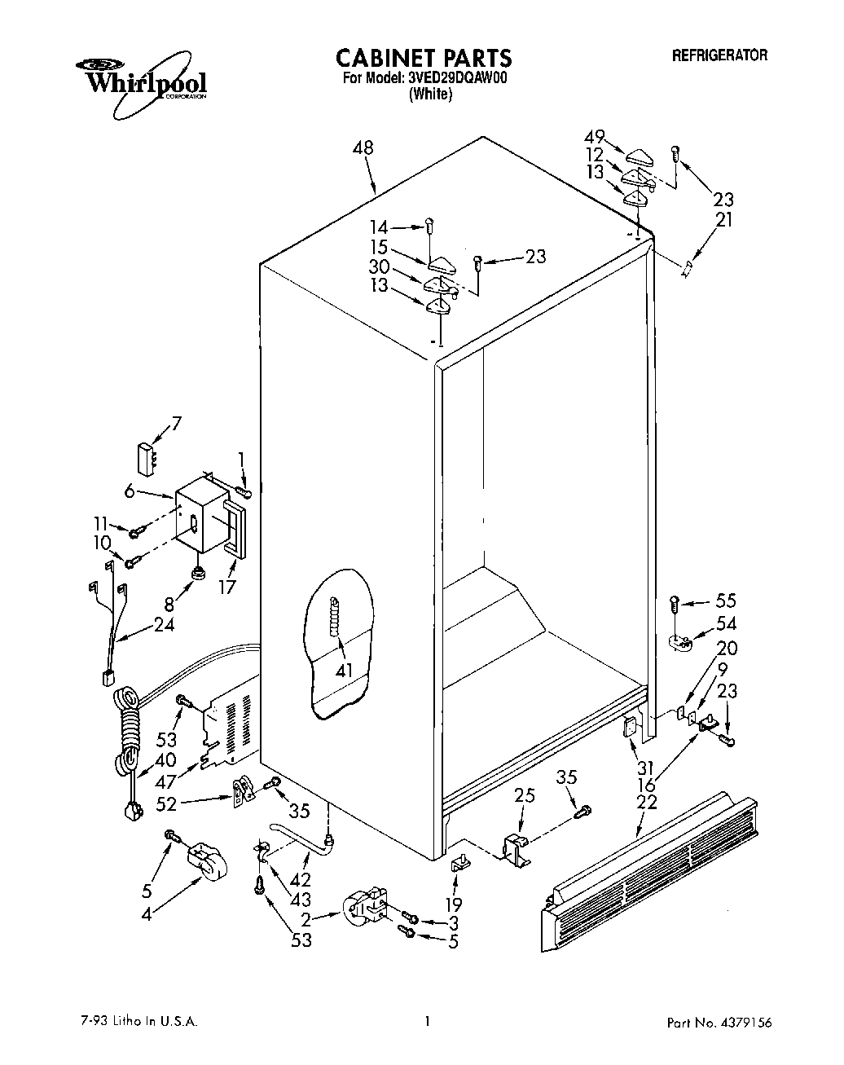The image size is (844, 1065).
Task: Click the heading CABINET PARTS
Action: click(x=424, y=58)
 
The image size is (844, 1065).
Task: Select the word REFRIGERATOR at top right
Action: click(x=719, y=55)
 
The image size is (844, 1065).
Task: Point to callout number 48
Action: click(x=364, y=148)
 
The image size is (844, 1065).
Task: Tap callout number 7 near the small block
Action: click(x=176, y=423)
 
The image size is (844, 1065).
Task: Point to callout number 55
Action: click(x=725, y=601)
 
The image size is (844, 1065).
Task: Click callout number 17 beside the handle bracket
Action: click(x=227, y=587)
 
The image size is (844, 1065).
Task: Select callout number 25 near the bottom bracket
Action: click(x=525, y=794)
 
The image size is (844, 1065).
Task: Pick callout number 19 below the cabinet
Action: click(x=454, y=904)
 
